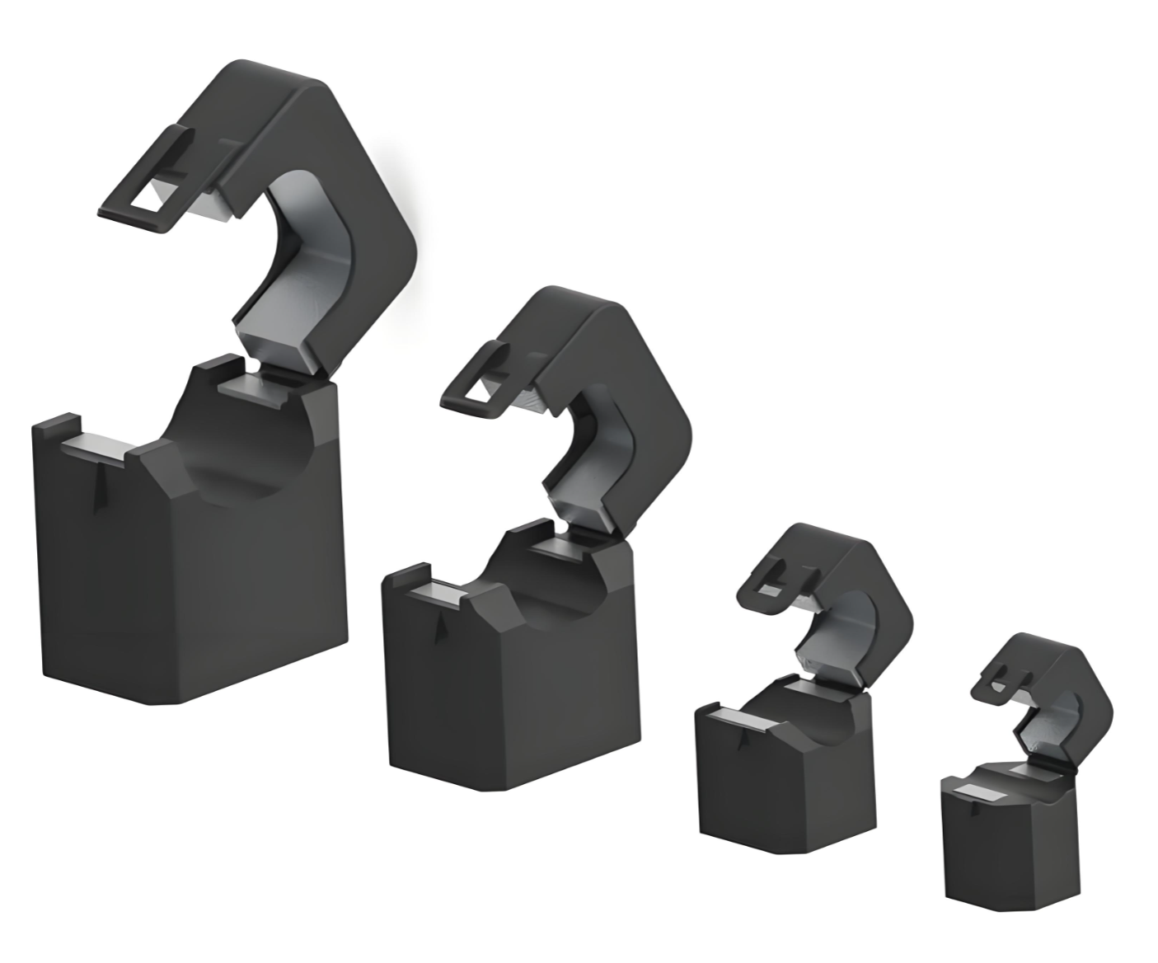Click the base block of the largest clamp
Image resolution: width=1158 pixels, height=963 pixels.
point(190,577)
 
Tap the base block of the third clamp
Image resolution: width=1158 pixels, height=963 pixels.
point(783,783)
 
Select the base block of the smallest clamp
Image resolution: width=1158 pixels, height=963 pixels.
point(1006,849)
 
